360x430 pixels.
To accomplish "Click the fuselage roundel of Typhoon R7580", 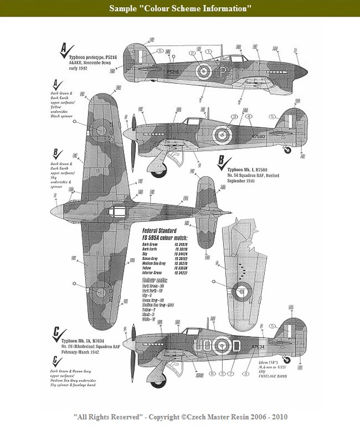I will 222,133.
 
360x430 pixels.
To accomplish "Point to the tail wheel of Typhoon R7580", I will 287,148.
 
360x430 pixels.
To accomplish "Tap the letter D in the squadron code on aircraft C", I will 235,346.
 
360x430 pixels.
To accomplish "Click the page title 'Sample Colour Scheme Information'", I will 180,9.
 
